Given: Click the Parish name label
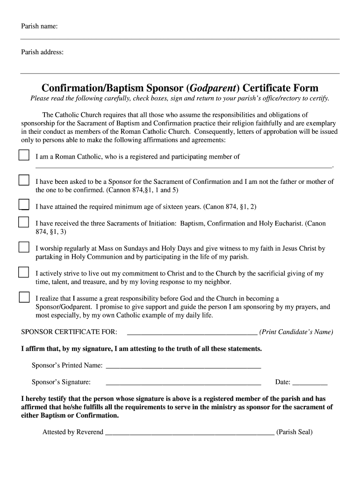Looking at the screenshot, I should [x=39, y=26].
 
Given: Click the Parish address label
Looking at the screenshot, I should [x=42, y=52].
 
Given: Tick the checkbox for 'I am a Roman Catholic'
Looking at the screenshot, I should [x=24, y=155].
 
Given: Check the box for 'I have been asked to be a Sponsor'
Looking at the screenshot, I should [x=24, y=180].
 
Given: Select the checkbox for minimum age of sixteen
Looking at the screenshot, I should [x=24, y=204].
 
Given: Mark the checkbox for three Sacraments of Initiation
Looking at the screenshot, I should [x=24, y=222].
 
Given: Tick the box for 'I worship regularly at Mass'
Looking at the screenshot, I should [x=24, y=247].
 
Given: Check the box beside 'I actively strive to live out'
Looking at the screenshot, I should [x=24, y=272].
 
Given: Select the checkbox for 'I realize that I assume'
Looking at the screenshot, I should [x=24, y=297].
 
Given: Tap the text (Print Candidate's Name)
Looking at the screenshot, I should [x=296, y=332].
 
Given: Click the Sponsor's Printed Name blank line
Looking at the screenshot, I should [x=183, y=367].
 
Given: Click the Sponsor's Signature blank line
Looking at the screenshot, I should [x=183, y=384].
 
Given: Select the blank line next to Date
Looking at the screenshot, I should [x=310, y=384].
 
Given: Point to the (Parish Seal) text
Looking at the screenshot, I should [x=294, y=432].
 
